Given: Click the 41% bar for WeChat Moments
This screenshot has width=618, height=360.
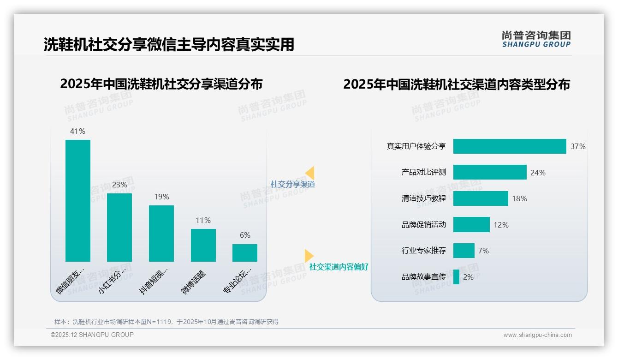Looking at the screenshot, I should pyautogui.click(x=78, y=201).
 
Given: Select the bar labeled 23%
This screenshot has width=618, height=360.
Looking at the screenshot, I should pyautogui.click(x=119, y=228).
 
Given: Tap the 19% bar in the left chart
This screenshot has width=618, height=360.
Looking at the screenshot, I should pyautogui.click(x=161, y=234).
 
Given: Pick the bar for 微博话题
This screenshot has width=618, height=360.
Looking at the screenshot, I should pyautogui.click(x=203, y=245).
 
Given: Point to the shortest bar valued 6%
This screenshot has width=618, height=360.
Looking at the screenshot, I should pyautogui.click(x=245, y=253).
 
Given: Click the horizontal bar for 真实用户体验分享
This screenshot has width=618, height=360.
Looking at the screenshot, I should pyautogui.click(x=510, y=146).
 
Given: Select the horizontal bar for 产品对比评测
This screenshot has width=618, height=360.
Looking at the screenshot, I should pyautogui.click(x=490, y=172).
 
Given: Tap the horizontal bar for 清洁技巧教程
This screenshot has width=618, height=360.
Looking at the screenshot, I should pyautogui.click(x=481, y=198).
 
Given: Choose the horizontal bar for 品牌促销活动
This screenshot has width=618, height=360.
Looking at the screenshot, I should pyautogui.click(x=471, y=225).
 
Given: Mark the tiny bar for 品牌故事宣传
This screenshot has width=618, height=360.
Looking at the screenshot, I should pyautogui.click(x=456, y=277).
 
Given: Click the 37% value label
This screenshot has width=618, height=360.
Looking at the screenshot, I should pyautogui.click(x=578, y=147).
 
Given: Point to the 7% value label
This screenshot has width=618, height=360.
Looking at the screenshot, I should pyautogui.click(x=483, y=251).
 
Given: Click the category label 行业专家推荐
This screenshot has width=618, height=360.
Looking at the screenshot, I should pyautogui.click(x=424, y=251).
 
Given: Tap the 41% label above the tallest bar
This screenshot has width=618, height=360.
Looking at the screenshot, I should pyautogui.click(x=77, y=132).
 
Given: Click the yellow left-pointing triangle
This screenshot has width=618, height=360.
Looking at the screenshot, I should pyautogui.click(x=310, y=173).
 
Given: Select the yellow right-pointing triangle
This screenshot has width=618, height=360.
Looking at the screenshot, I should pyautogui.click(x=309, y=256).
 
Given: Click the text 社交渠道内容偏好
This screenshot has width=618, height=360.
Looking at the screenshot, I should pyautogui.click(x=339, y=267).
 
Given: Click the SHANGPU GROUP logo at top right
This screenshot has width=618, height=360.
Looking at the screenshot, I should pyautogui.click(x=536, y=39).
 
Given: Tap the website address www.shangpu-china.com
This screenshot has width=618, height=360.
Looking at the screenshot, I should pyautogui.click(x=537, y=335).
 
